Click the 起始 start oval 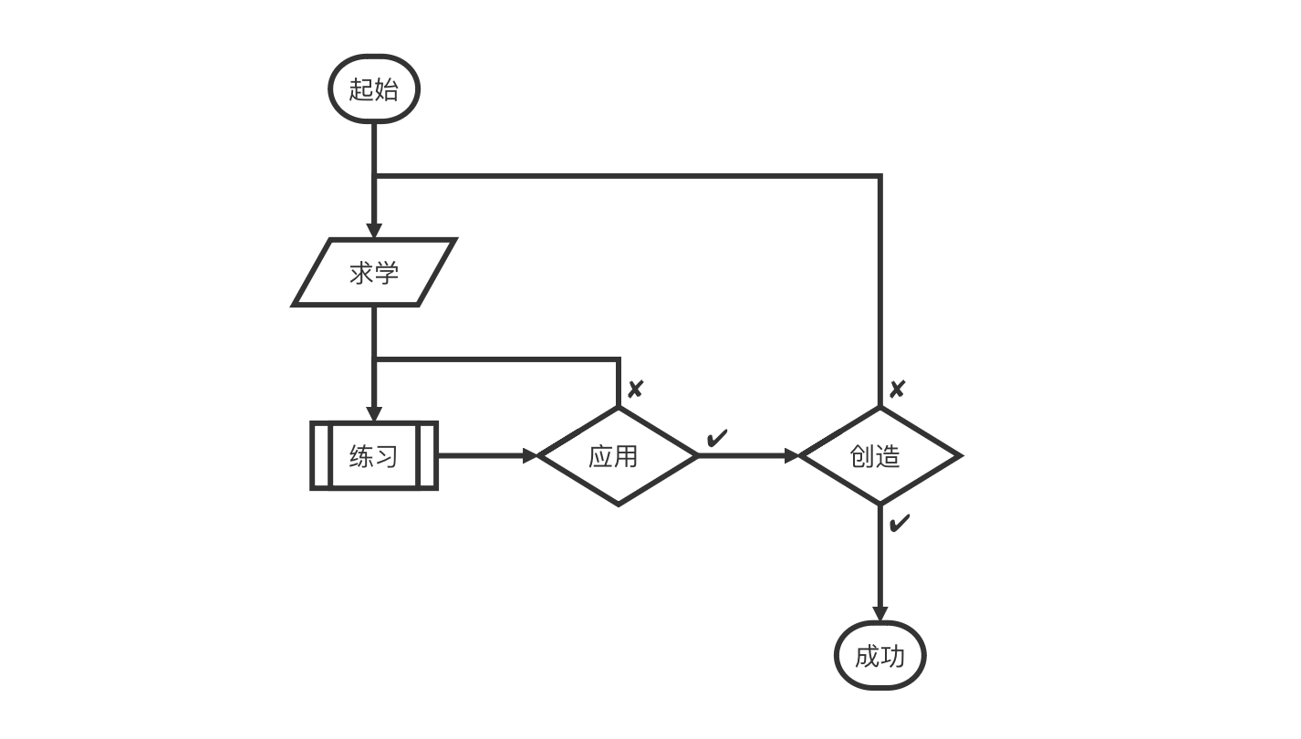(x=374, y=89)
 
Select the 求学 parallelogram (x=374, y=273)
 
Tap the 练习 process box (x=374, y=455)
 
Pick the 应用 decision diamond (x=618, y=455)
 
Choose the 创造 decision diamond (x=879, y=455)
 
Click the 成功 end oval (x=879, y=656)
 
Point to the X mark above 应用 (x=635, y=390)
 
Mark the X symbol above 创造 (x=897, y=390)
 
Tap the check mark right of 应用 (x=717, y=439)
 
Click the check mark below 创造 (x=899, y=524)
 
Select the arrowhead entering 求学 (x=374, y=230)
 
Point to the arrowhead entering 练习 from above (x=374, y=413)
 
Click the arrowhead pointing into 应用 (x=531, y=455)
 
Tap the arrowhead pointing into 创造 (x=792, y=455)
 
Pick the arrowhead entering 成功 (x=879, y=614)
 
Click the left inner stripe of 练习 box (x=321, y=455)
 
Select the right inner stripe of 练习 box (x=426, y=455)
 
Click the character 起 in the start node (x=361, y=89)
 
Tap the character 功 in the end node (x=892, y=656)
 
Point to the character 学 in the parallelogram (x=387, y=273)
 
